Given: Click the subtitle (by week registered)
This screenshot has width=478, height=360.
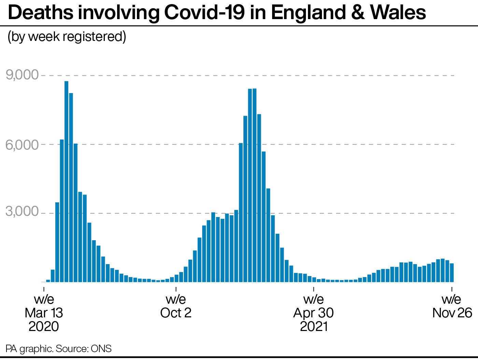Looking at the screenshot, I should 67,37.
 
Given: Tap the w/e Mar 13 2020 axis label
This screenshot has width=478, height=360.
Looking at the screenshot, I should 44,313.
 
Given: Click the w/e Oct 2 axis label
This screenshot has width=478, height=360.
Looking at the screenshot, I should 176,306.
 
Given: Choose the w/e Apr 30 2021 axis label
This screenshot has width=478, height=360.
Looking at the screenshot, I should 313,313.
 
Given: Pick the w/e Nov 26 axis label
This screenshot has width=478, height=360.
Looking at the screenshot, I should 452,306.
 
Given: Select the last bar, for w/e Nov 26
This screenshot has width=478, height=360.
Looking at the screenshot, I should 452,273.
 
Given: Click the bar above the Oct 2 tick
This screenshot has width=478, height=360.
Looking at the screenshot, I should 177,278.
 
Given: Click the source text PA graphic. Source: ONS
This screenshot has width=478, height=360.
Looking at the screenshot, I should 58,349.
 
